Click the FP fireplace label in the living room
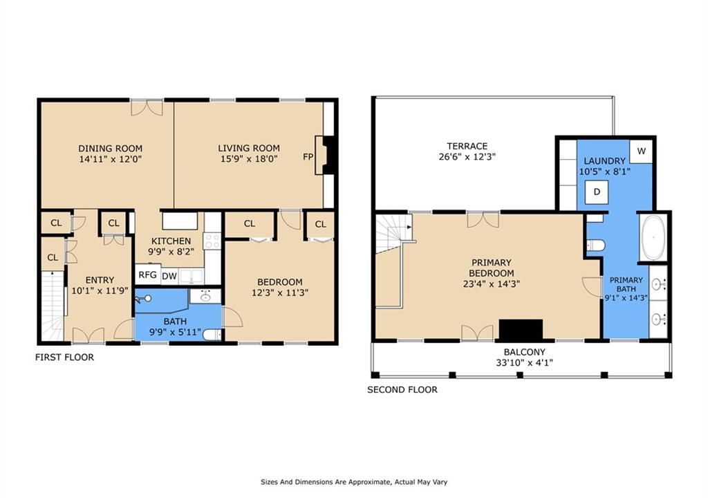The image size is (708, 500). click(x=308, y=157)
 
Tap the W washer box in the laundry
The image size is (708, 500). click(x=641, y=151)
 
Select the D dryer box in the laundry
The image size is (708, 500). click(x=597, y=192)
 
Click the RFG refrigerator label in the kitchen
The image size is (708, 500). click(x=148, y=275)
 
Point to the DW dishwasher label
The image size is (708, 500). click(x=169, y=276)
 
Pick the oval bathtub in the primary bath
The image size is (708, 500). click(x=653, y=238)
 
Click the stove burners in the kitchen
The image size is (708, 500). click(x=212, y=241)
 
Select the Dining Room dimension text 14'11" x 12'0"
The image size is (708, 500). click(x=110, y=159)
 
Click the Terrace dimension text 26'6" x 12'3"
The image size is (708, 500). click(x=467, y=157)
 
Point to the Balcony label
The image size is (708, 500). click(x=524, y=352)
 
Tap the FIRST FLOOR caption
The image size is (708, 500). click(x=64, y=358)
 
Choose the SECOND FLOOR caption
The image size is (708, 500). click(x=402, y=390)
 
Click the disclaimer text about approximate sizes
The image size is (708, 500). click(x=354, y=482)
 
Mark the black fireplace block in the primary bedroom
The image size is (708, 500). click(x=521, y=329)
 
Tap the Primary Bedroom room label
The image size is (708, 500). click(x=492, y=268)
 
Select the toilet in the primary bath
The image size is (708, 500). click(x=595, y=246)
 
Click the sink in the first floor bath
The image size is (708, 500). click(x=205, y=296)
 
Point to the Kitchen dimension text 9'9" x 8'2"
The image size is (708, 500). click(x=171, y=252)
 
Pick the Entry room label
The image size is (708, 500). click(x=100, y=280)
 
